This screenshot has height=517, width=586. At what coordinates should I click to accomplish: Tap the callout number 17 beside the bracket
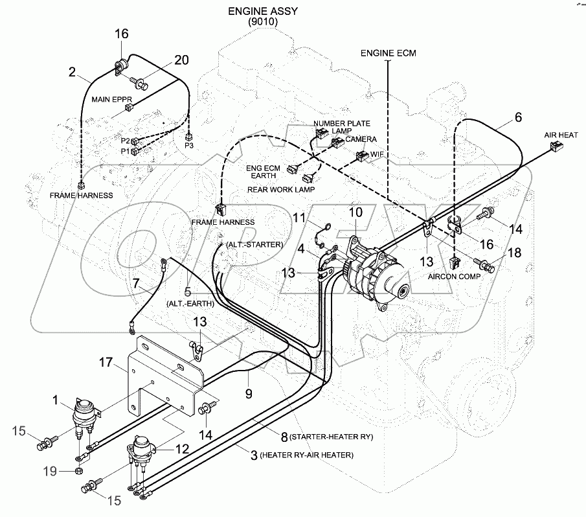106,362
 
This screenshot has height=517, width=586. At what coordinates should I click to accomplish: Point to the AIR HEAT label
561,135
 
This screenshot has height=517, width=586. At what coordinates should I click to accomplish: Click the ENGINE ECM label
388,52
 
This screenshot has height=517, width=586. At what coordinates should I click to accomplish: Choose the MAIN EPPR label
111,100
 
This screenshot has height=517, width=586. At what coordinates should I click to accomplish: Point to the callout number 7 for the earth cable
136,283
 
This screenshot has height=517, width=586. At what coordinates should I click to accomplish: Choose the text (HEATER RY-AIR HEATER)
306,455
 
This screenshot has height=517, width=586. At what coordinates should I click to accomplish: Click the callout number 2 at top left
73,72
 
